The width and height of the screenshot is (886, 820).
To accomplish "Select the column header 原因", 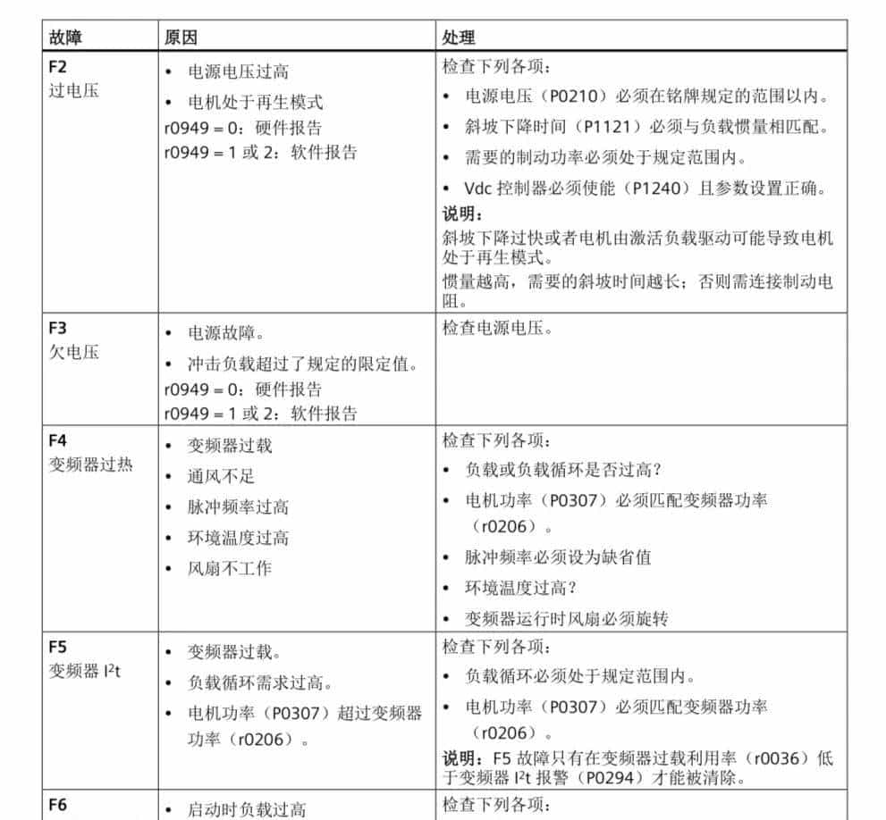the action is tap(180, 38).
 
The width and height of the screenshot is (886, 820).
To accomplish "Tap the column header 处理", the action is tap(459, 38).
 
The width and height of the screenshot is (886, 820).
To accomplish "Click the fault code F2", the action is tap(57, 67).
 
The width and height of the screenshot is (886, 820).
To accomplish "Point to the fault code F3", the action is tap(57, 328).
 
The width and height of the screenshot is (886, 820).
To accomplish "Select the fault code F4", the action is tap(57, 440).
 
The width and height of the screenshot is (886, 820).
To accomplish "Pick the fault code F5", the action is tap(57, 646).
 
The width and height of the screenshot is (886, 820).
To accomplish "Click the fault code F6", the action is tap(57, 805).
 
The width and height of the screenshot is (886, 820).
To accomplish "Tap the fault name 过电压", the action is tap(73, 90).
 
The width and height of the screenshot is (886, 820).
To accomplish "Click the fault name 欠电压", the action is tap(73, 351).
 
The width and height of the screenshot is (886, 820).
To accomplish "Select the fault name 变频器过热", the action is tap(90, 464).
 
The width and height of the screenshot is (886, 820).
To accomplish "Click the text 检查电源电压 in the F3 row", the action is tap(497, 328).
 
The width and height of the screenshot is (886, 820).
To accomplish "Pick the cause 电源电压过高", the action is tap(237, 71).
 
